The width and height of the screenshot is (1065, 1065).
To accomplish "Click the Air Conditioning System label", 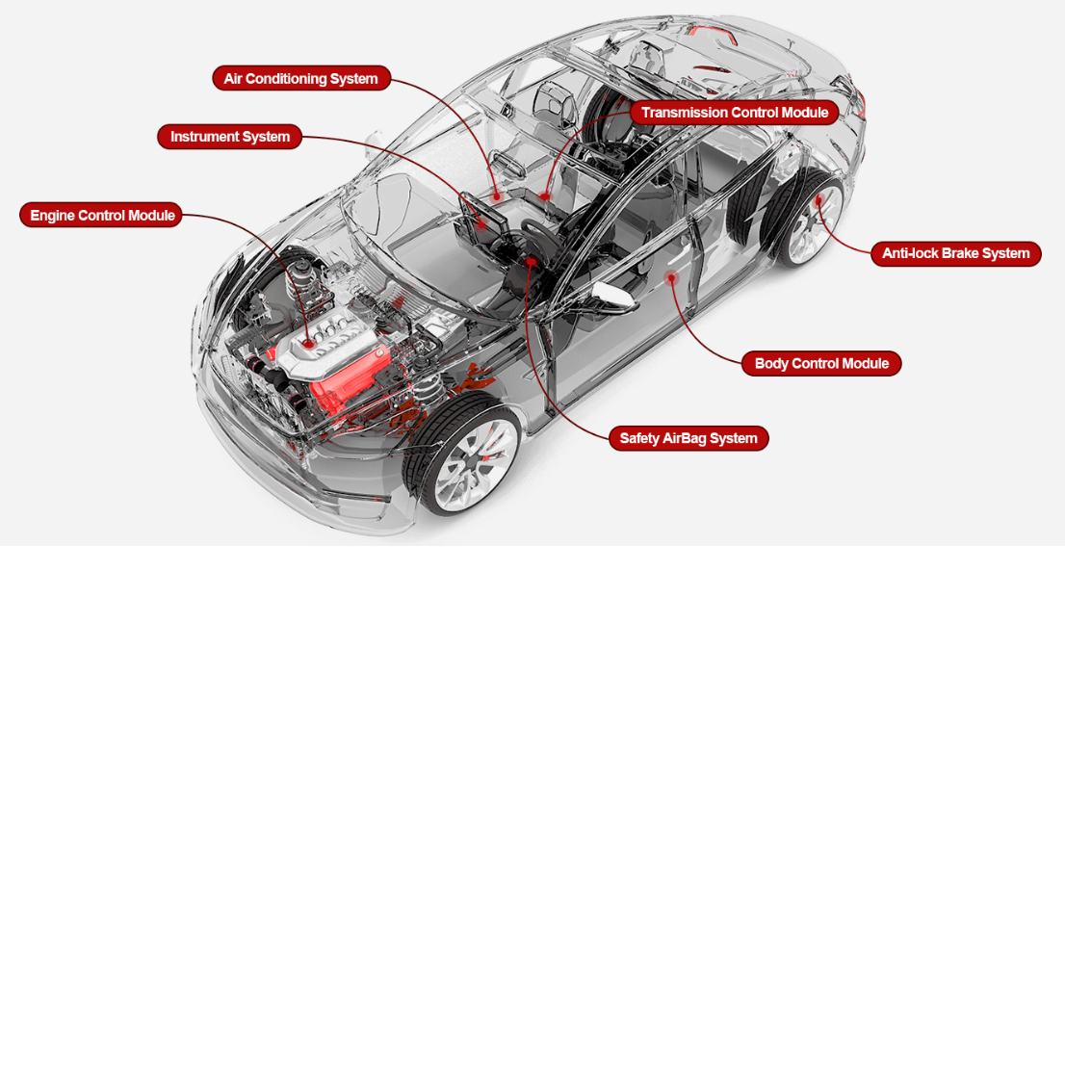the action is click(x=301, y=78).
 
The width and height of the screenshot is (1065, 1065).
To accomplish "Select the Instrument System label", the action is click(x=229, y=137).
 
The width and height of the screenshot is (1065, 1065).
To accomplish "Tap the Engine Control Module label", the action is click(x=101, y=215).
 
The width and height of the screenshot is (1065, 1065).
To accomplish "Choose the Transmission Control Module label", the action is click(x=734, y=112).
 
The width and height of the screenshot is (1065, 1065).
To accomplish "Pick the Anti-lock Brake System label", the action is click(x=955, y=253).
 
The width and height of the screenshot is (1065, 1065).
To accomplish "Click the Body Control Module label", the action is click(x=821, y=363).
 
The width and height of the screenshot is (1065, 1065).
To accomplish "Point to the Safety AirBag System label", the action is click(x=688, y=438).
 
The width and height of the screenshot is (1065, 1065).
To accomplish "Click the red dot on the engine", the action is click(x=308, y=344).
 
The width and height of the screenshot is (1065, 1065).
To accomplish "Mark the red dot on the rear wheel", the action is click(x=819, y=199).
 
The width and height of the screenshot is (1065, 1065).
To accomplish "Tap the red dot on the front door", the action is click(x=671, y=277).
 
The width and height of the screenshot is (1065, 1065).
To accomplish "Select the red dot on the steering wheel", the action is click(x=532, y=261).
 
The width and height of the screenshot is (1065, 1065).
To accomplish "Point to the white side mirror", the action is click(x=612, y=294).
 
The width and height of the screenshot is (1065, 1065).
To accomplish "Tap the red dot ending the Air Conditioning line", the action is click(x=497, y=197).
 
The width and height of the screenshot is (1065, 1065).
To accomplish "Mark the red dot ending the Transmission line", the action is click(x=545, y=197).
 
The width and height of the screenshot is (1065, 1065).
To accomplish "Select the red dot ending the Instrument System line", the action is click(x=481, y=224).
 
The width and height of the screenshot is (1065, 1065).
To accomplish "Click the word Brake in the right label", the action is click(x=961, y=253).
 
